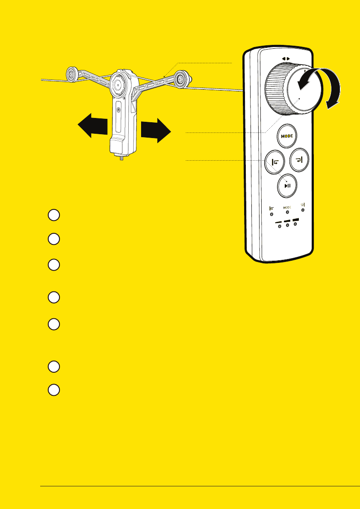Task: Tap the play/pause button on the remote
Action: point(288,185)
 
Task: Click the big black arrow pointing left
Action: point(92,125)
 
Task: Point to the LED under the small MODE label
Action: point(288,212)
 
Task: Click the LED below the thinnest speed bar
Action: point(280,227)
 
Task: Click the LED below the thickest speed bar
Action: point(295,224)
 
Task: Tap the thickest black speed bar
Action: point(295,219)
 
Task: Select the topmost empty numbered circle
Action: point(53,215)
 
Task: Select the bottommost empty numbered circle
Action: point(53,390)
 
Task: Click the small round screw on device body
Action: point(118,109)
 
